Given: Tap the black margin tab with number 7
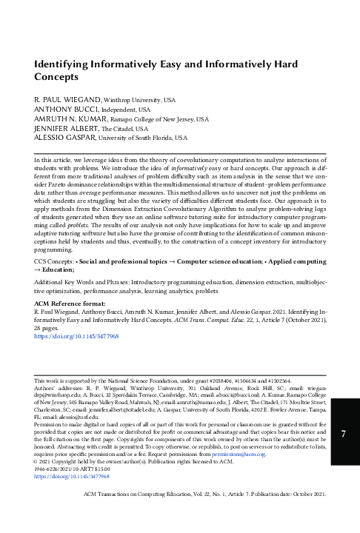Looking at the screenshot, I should (x=344, y=435).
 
